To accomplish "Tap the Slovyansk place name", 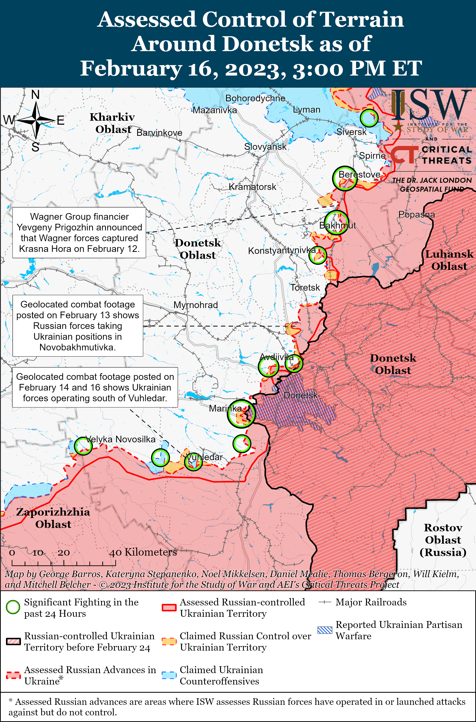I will pyautogui.click(x=265, y=147).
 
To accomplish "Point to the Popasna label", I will pyautogui.click(x=416, y=215).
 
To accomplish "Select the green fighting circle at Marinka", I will pyautogui.click(x=241, y=413).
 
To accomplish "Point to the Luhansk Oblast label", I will pyautogui.click(x=449, y=260).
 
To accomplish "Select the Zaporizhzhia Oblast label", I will pyautogui.click(x=53, y=518).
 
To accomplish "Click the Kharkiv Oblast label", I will pyautogui.click(x=112, y=123).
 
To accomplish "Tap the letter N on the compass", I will pyautogui.click(x=35, y=95).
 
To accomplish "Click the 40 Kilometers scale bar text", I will pyautogui.click(x=143, y=552).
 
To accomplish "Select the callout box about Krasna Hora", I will pyautogui.click(x=79, y=233).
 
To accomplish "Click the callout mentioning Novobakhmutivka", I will pyautogui.click(x=78, y=326).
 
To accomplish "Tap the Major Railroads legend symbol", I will pyautogui.click(x=324, y=602).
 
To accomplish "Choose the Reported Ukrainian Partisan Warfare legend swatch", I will pyautogui.click(x=324, y=630).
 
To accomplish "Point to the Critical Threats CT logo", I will pyautogui.click(x=404, y=155).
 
